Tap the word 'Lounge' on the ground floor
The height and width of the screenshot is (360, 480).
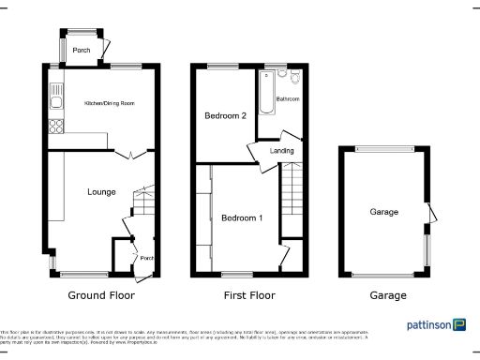coord(101,192)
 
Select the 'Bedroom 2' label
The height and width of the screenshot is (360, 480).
coord(225,116)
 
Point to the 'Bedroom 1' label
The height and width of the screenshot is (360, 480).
coord(242,217)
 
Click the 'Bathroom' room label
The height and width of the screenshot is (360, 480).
coord(287,98)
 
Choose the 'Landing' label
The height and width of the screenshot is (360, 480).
coord(281,150)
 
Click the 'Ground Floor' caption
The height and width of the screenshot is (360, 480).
coord(101,295)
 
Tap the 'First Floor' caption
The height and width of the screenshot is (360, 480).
coord(249,295)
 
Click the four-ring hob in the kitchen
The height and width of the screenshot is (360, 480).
coord(55,127)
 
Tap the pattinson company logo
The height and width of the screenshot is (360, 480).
coord(436,325)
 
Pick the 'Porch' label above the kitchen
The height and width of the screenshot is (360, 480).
coord(83,51)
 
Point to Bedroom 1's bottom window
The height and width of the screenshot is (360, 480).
coord(236,274)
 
